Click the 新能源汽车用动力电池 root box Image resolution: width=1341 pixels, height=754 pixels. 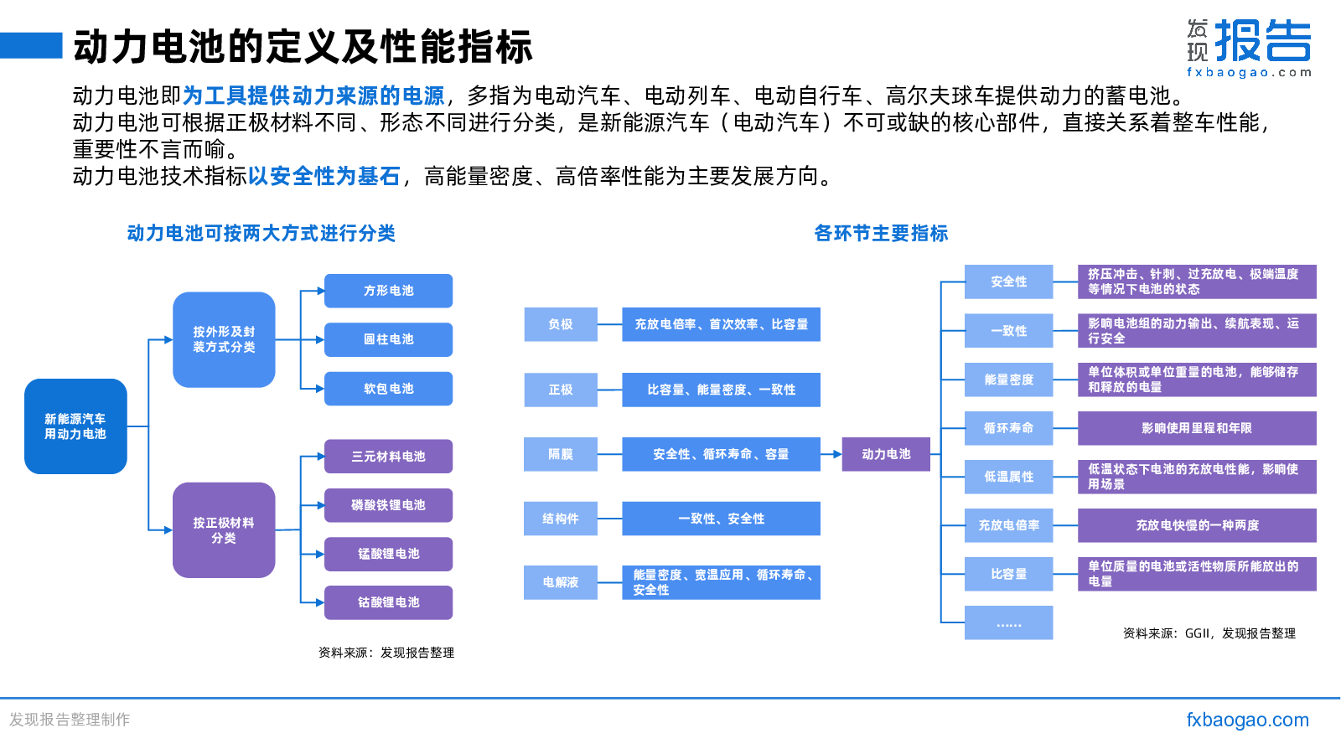(75, 426)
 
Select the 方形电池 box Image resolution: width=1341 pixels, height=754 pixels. (389, 291)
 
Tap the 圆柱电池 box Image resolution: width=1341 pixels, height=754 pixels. (389, 339)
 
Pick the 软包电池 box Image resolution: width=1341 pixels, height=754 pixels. (389, 389)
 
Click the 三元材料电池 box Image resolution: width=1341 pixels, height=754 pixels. (389, 456)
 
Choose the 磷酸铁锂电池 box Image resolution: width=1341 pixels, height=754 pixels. (389, 505)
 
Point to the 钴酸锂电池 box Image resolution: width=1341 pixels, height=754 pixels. (389, 602)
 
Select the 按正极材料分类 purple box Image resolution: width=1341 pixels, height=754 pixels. (224, 530)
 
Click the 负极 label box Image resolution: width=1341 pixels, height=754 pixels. (561, 324)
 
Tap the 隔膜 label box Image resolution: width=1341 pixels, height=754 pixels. (561, 454)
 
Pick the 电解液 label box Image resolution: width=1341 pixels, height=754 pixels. (561, 582)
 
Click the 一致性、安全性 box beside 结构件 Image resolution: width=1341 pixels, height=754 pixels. (721, 519)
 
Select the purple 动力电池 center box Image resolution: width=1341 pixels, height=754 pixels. (886, 454)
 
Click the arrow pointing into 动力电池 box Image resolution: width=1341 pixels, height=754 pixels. (831, 454)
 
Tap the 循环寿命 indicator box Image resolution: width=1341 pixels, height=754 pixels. (1009, 428)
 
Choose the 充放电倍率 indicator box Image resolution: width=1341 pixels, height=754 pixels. (1009, 525)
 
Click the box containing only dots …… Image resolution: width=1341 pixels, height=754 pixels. (1009, 623)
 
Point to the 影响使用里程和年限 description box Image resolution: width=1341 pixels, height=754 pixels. (1197, 428)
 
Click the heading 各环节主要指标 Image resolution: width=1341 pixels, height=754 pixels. (881, 233)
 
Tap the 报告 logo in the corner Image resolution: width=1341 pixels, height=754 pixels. (1263, 41)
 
